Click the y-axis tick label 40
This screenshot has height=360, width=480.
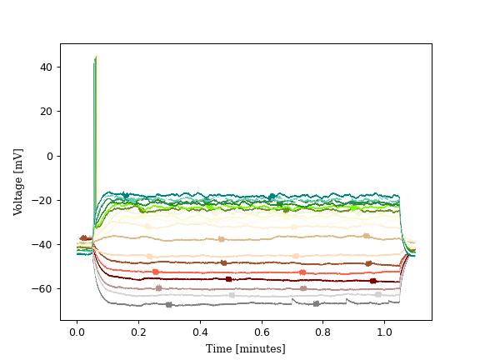(47, 67)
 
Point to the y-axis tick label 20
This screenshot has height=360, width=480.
(47, 112)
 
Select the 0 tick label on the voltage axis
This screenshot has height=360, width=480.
(50, 156)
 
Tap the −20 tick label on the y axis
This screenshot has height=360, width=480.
(43, 200)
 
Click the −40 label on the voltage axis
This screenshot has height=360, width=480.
(43, 244)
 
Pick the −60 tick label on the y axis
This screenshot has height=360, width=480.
(43, 288)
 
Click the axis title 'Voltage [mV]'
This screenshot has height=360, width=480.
(18, 182)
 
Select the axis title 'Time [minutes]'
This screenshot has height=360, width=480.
(246, 348)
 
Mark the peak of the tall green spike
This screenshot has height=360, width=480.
(96, 57)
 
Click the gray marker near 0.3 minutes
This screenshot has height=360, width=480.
(168, 304)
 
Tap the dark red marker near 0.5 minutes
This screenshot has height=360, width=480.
(229, 279)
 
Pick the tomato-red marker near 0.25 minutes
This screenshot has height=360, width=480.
(156, 272)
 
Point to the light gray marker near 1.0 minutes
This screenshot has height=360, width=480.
(378, 294)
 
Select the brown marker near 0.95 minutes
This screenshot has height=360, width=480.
(368, 263)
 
